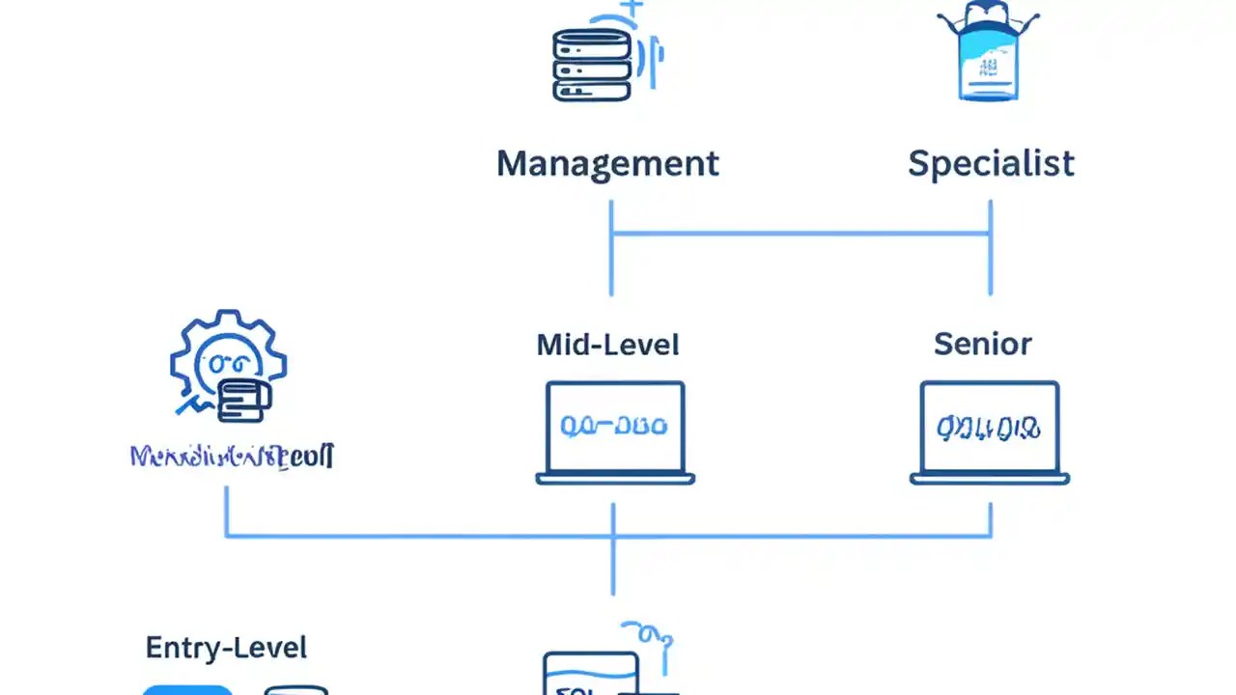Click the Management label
pyautogui.click(x=607, y=163)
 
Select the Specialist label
pyautogui.click(x=991, y=163)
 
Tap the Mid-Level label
pyautogui.click(x=607, y=345)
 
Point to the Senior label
pyautogui.click(x=982, y=344)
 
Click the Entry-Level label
pyautogui.click(x=226, y=647)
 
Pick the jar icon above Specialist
pyautogui.click(x=988, y=53)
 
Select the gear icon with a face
pyautogui.click(x=228, y=362)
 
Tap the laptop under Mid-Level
pyautogui.click(x=615, y=432)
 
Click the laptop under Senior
pyautogui.click(x=989, y=432)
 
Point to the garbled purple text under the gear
pyautogui.click(x=232, y=456)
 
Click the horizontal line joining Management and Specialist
pyautogui.click(x=801, y=233)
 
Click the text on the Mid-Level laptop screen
pyautogui.click(x=614, y=426)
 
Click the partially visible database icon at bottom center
pyautogui.click(x=591, y=673)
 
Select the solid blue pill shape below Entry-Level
pyautogui.click(x=187, y=689)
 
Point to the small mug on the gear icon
pyautogui.click(x=241, y=400)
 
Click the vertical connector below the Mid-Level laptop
pyautogui.click(x=613, y=565)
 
